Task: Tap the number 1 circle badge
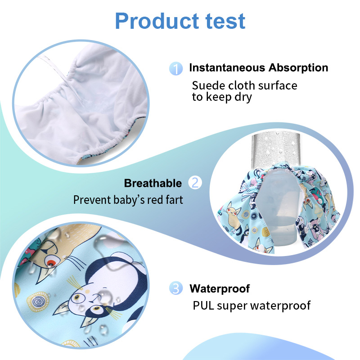click(176, 68)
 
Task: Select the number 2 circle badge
click(195, 183)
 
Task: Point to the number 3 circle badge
click(176, 288)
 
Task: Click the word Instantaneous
click(227, 68)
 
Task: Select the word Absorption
click(298, 68)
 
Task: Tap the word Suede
click(207, 85)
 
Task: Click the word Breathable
click(153, 183)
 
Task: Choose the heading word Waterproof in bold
click(220, 288)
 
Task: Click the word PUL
click(203, 306)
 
